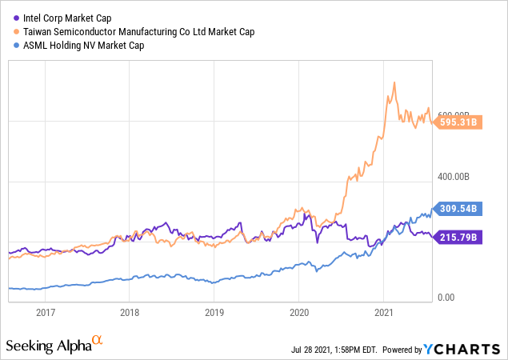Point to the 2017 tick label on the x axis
click(x=45, y=312)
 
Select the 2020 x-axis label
click(x=298, y=312)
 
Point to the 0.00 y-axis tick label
click(x=446, y=297)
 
